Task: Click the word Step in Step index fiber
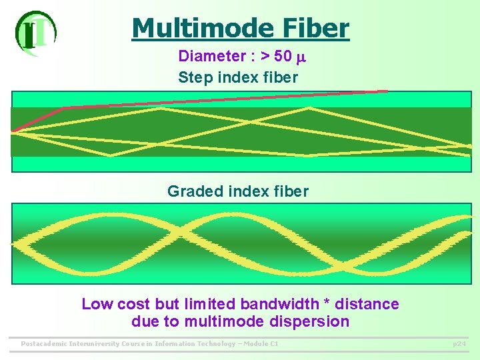[x=193, y=77]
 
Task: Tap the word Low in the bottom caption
[x=97, y=305]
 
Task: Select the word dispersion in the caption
[x=313, y=322]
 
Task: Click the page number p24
[x=459, y=344]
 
